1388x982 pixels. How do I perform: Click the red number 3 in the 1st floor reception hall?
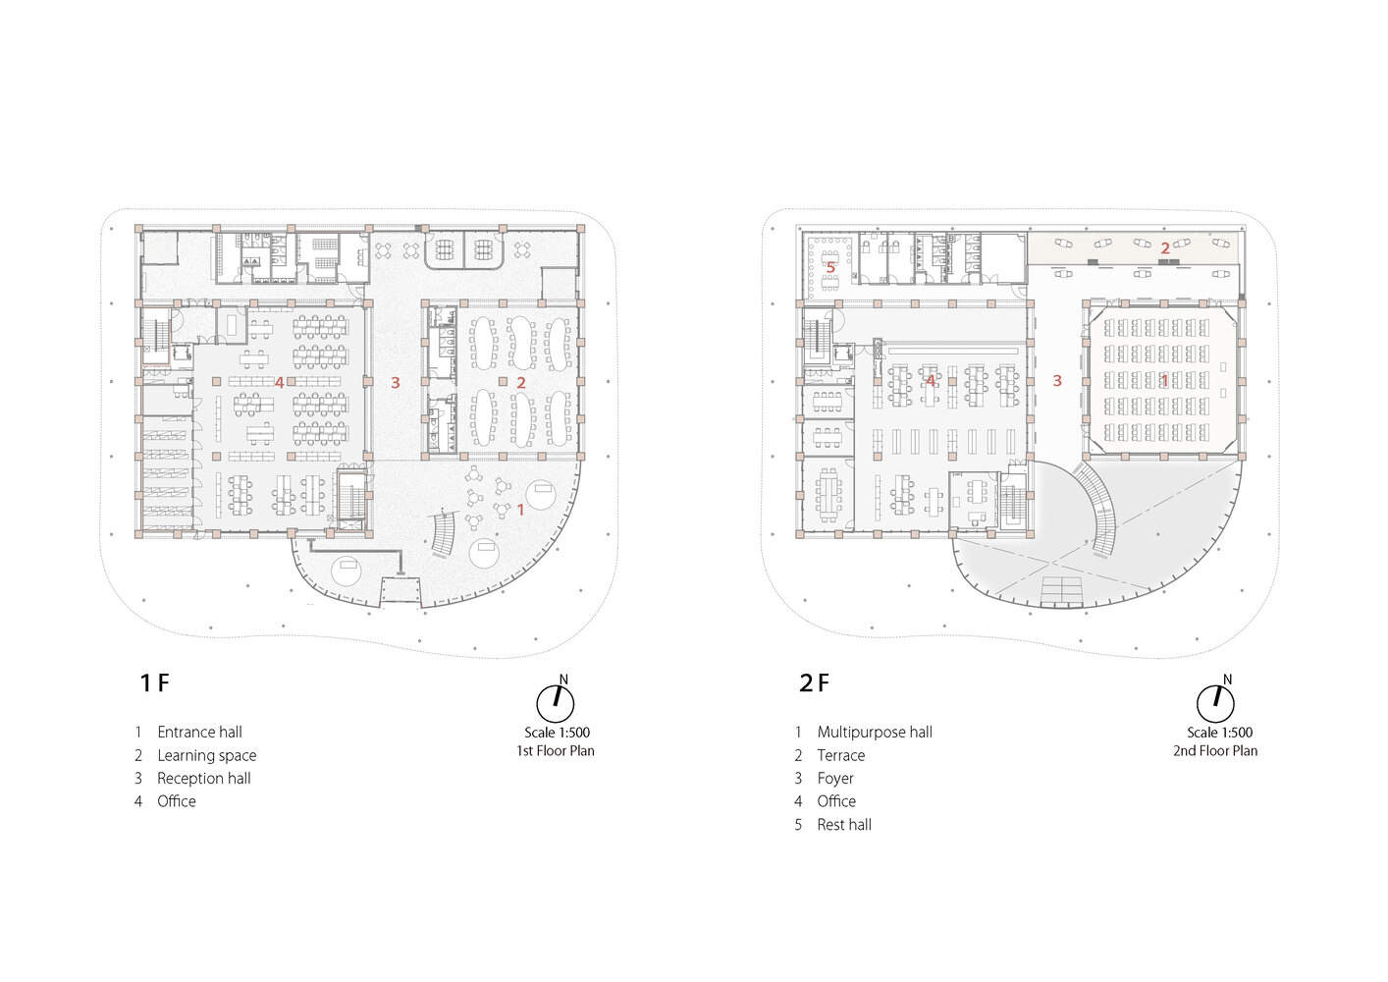[x=396, y=383]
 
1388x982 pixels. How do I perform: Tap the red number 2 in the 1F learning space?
[x=521, y=383]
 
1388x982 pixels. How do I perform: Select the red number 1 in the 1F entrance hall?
[x=520, y=510]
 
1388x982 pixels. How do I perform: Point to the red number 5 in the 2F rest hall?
[x=831, y=268]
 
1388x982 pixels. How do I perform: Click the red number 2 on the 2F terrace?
[x=1165, y=248]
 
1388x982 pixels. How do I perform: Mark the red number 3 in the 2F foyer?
[x=1057, y=381]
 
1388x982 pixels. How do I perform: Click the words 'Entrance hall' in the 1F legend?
[x=199, y=733]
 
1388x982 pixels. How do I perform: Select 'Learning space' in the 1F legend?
[x=207, y=756]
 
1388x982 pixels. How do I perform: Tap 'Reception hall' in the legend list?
[x=204, y=779]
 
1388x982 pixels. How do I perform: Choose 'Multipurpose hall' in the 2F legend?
[x=875, y=733]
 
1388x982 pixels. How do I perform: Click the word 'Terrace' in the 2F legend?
[x=841, y=756]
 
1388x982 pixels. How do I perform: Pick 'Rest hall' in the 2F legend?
[x=844, y=825]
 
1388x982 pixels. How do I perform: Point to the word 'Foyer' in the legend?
[x=835, y=779]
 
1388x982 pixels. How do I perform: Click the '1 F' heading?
[x=155, y=683]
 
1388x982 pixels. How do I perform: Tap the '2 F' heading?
[x=814, y=683]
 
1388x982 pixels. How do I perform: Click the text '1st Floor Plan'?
[x=556, y=751]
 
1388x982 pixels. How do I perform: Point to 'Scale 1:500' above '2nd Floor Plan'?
[x=1219, y=733]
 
